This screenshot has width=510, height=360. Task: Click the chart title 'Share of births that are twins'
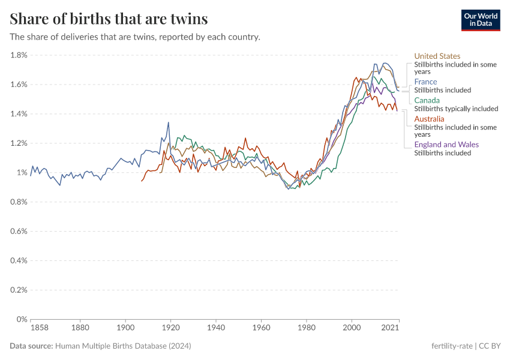(x=109, y=19)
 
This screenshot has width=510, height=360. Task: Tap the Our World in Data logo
(x=481, y=19)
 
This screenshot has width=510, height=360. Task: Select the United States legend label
(x=437, y=56)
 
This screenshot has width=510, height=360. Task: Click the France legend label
(x=425, y=82)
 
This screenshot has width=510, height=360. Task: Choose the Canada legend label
(x=427, y=100)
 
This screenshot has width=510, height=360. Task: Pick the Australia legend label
(x=429, y=119)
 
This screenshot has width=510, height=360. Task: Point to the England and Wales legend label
(x=446, y=145)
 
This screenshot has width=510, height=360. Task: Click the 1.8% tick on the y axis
(x=19, y=55)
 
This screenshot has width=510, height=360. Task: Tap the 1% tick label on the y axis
(x=22, y=173)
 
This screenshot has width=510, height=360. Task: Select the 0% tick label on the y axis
(x=22, y=319)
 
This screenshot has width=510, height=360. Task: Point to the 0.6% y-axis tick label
(x=19, y=231)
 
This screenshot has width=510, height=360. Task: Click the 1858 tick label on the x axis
(x=40, y=328)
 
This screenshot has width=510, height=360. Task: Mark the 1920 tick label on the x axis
(x=170, y=328)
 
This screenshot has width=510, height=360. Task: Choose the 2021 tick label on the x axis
(x=391, y=328)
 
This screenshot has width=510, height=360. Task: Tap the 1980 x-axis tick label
(x=306, y=328)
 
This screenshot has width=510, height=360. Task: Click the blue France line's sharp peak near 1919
(x=169, y=122)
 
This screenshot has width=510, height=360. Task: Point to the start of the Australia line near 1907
(x=142, y=181)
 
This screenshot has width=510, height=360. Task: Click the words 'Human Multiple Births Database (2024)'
(x=123, y=346)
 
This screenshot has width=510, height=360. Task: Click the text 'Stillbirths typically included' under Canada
(x=456, y=109)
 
